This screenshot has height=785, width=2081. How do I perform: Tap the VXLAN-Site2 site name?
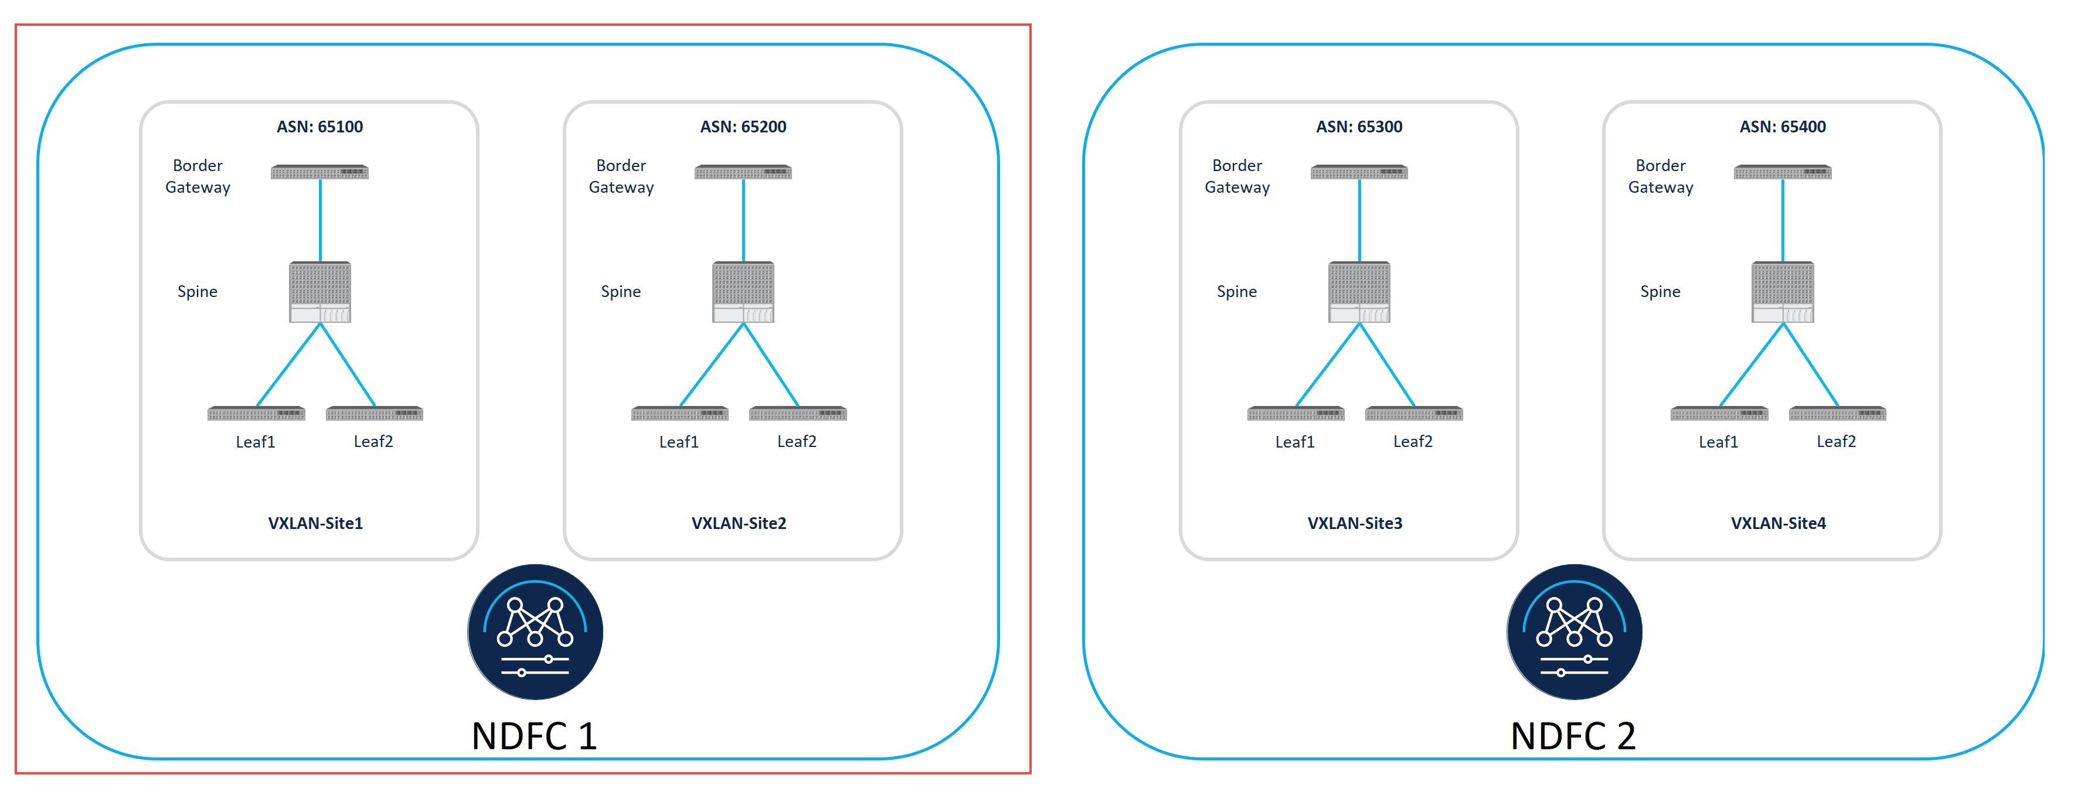click(739, 523)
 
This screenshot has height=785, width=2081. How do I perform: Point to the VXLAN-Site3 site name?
click(1354, 523)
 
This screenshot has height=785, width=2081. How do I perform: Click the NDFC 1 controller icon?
click(535, 632)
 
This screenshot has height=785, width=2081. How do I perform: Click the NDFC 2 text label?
click(1572, 736)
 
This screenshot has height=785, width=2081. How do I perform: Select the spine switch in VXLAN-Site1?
click(320, 292)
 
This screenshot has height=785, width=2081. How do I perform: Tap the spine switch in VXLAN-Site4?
click(1782, 292)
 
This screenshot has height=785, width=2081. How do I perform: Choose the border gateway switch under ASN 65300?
click(1359, 172)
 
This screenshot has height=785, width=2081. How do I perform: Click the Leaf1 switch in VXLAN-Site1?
click(256, 414)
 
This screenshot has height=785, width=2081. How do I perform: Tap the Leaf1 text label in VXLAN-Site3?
click(1294, 442)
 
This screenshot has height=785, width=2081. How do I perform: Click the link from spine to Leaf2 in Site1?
click(348, 365)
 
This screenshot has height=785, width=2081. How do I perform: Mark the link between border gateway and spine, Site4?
click(1782, 220)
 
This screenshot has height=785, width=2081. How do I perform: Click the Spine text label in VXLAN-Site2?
click(620, 292)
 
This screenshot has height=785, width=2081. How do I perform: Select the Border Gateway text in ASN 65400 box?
click(1660, 176)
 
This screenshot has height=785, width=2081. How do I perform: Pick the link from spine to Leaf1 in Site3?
click(1328, 365)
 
